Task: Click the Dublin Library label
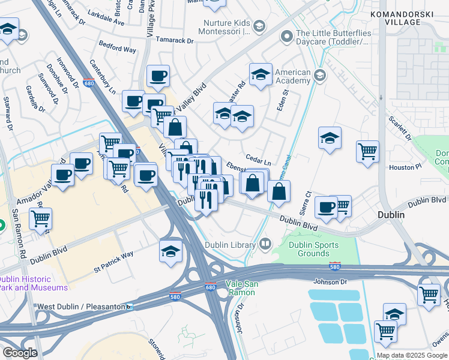click(x=231, y=244)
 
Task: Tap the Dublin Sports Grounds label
click(x=313, y=249)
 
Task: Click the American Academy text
click(x=293, y=77)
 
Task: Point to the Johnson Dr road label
click(x=330, y=281)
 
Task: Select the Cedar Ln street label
click(x=259, y=163)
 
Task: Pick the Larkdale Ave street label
click(x=106, y=23)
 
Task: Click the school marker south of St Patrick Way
click(x=171, y=251)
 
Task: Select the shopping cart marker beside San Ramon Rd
click(x=40, y=220)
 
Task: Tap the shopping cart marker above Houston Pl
click(x=367, y=151)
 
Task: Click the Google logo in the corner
click(x=20, y=353)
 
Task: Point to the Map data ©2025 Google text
click(x=412, y=355)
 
